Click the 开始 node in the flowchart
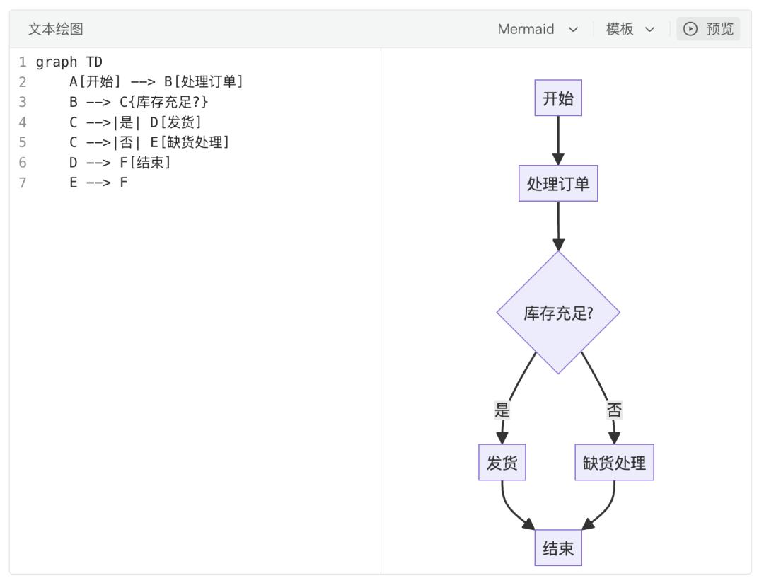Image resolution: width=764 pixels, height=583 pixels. (558, 98)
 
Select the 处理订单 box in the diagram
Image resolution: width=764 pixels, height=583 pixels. (558, 184)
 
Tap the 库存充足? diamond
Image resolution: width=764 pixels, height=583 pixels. (558, 313)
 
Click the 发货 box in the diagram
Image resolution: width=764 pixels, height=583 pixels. (502, 463)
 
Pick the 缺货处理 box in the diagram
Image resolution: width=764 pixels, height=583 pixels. (614, 463)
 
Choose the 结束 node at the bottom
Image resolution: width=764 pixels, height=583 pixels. (558, 548)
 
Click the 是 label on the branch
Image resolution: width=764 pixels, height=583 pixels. (502, 410)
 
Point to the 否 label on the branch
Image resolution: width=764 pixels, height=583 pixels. (614, 410)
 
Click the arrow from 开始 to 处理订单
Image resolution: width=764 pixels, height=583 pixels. (558, 140)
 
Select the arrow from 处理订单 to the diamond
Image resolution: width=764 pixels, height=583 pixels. (558, 225)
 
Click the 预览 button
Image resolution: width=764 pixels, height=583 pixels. (709, 29)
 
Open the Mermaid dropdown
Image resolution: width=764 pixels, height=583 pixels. (538, 29)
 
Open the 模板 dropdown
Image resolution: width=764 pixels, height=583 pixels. (629, 29)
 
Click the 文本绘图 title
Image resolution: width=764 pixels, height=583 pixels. (55, 29)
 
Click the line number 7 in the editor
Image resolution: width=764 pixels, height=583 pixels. (23, 183)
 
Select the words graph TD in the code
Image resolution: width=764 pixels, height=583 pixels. (69, 62)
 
